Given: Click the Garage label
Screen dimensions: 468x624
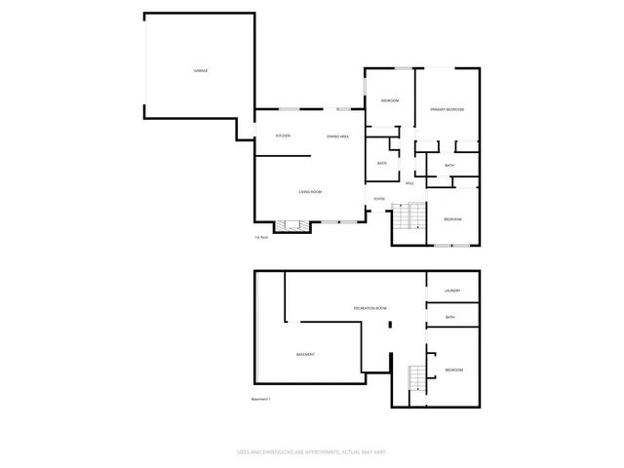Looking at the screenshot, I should pos(200,71).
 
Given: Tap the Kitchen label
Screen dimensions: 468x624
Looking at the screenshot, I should pos(283,136).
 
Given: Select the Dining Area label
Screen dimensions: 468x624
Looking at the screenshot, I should pos(338,136).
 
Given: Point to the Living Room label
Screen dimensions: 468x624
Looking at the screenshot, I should pos(311,192).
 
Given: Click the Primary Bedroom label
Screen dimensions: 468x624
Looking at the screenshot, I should pos(447,109).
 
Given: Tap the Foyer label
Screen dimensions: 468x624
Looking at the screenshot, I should pos(378,199).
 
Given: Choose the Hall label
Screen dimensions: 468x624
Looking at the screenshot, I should pos(409,182).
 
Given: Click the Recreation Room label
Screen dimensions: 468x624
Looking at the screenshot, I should pos(370,308).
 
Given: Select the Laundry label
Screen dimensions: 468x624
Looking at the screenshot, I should pos(451,291).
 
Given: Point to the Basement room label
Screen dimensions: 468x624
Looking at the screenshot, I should pos(305,354).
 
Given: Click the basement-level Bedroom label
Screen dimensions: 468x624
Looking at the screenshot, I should pos(454,370).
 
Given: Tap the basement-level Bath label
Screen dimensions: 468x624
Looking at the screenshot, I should pos(450,317).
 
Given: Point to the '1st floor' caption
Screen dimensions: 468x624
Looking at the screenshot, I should pos(261,237).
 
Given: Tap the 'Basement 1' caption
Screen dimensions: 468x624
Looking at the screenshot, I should pos(260,399).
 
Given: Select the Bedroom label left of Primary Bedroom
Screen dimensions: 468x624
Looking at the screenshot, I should pos(390,100).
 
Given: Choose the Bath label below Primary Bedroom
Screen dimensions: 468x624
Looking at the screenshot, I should pos(449,166).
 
